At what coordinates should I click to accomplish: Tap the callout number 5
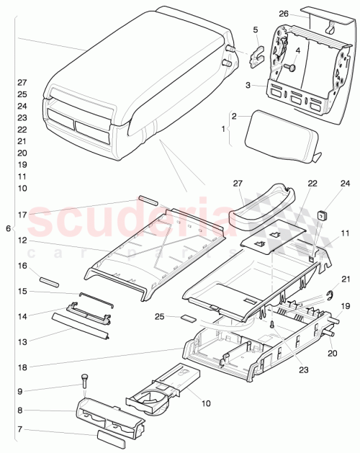point(255,30)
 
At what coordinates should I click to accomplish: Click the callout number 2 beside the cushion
point(234,116)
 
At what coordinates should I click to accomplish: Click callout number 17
point(22,214)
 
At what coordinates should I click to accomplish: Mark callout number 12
point(22,240)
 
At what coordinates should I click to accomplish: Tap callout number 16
point(22,266)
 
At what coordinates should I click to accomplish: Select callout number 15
point(22,291)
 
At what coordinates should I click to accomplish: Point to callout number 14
point(22,315)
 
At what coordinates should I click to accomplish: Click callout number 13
point(22,341)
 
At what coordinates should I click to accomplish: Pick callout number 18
point(22,367)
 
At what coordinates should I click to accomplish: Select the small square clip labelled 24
point(323,213)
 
